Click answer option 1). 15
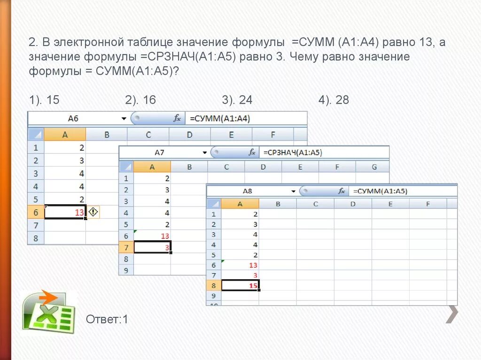click(x=44, y=100)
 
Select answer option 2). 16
click(x=140, y=100)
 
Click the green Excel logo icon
click(x=49, y=312)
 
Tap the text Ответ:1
click(x=107, y=320)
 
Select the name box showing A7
click(x=159, y=153)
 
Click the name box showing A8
click(x=247, y=191)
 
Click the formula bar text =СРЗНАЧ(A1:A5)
click(x=293, y=153)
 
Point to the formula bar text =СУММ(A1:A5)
click(x=380, y=191)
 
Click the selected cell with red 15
click(x=240, y=285)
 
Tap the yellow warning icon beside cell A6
click(x=93, y=212)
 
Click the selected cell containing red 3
click(x=152, y=247)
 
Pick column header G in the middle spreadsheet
click(x=374, y=167)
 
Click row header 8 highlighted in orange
click(x=213, y=285)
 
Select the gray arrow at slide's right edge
click(x=451, y=314)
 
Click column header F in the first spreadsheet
click(x=272, y=135)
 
